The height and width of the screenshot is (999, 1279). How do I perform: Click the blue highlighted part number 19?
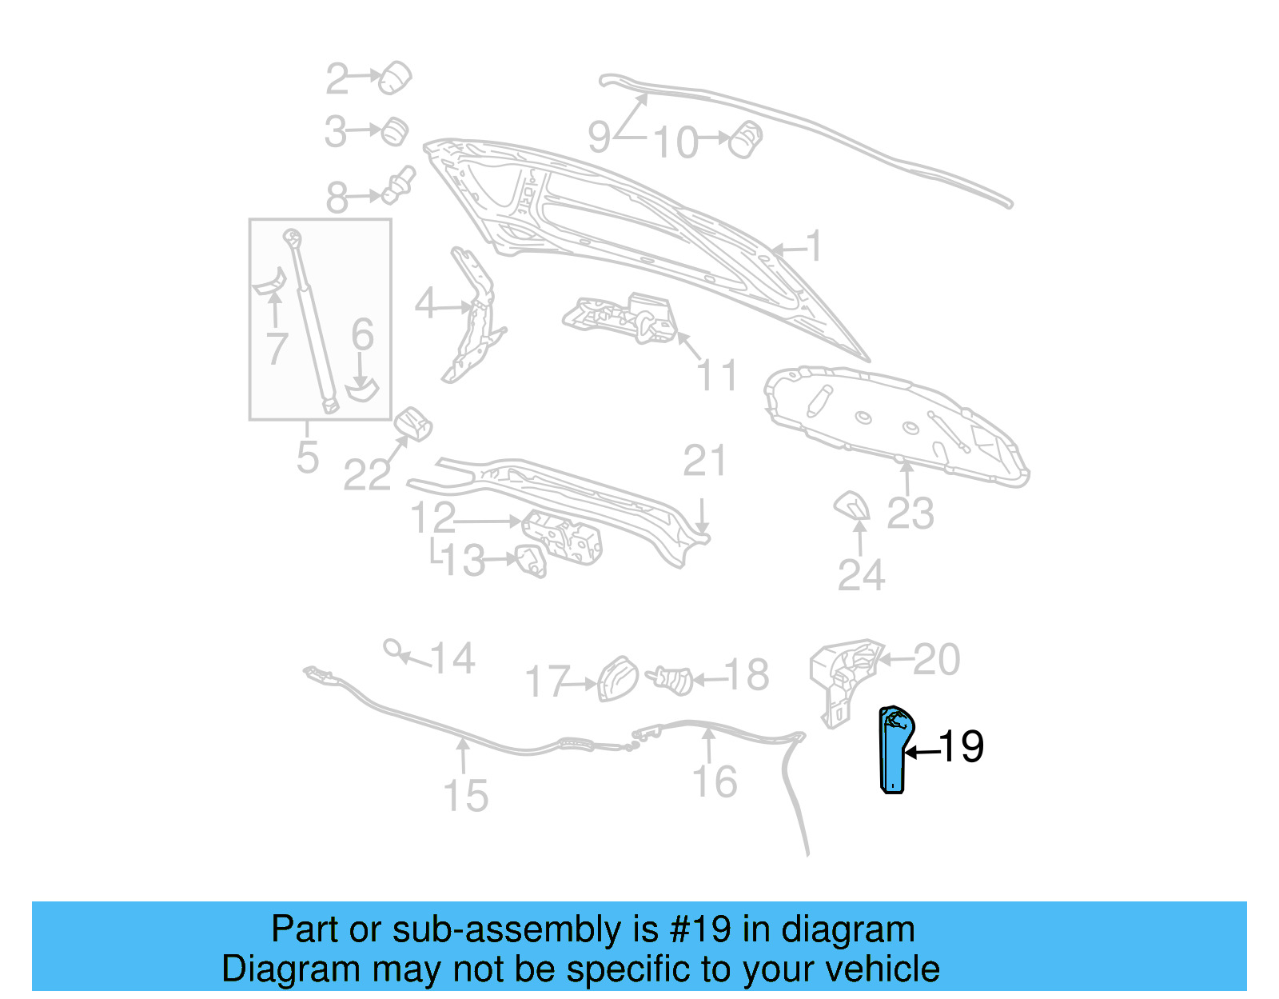[893, 750]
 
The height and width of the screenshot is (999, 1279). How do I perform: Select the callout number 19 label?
[961, 747]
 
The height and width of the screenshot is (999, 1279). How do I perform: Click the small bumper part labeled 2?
[394, 78]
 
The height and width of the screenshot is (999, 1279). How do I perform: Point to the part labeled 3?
[394, 131]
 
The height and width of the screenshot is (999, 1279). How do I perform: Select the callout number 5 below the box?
[307, 458]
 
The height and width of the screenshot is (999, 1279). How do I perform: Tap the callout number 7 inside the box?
[276, 349]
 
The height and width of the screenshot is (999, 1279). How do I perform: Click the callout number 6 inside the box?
[362, 334]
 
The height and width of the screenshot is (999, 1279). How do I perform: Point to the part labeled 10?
[747, 139]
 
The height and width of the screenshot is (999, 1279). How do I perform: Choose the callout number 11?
[717, 375]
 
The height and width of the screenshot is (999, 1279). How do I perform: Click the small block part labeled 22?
[413, 423]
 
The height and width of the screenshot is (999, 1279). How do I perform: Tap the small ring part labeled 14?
[392, 647]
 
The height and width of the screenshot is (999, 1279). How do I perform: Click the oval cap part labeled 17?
[618, 678]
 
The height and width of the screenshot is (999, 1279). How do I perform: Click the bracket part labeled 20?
[843, 677]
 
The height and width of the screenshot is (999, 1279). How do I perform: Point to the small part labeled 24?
[852, 505]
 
